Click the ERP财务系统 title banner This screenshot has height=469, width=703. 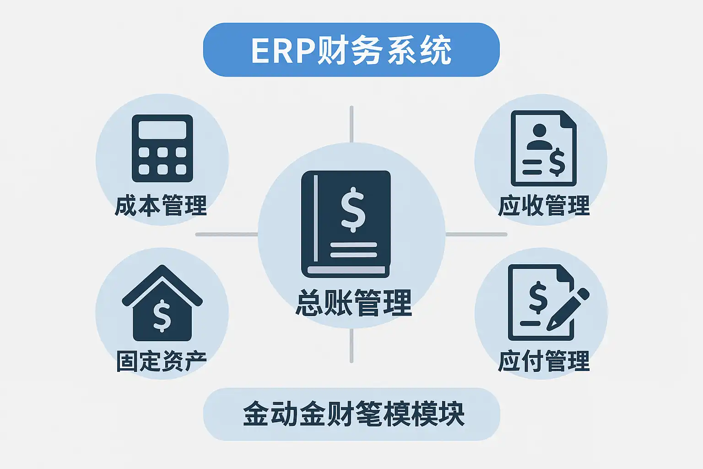pos(351,50)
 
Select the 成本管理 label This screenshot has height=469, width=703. pos(161,206)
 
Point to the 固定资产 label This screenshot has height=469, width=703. pos(162,361)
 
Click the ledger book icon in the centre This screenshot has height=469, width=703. pos(346,224)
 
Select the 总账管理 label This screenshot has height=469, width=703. pos(353,303)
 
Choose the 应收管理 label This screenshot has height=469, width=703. pos(544,206)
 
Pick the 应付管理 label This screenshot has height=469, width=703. pos(544,361)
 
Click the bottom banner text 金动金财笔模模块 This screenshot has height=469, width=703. pos(353,414)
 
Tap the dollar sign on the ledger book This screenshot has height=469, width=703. pos(353,210)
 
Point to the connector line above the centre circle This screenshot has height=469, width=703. pos(351,124)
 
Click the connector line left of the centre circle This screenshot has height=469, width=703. pos(227,234)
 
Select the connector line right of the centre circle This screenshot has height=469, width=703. pos(476,234)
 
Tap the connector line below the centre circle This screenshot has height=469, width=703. pos(351,346)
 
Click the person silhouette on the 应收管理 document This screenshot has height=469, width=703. pos(540,137)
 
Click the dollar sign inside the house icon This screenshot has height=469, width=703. pos(162,316)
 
